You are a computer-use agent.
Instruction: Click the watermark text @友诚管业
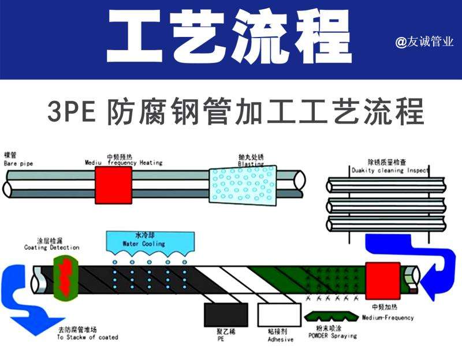click(424, 42)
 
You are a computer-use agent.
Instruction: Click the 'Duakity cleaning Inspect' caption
click(390, 171)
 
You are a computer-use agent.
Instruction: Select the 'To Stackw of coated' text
click(87, 337)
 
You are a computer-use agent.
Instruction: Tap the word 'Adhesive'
click(280, 340)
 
